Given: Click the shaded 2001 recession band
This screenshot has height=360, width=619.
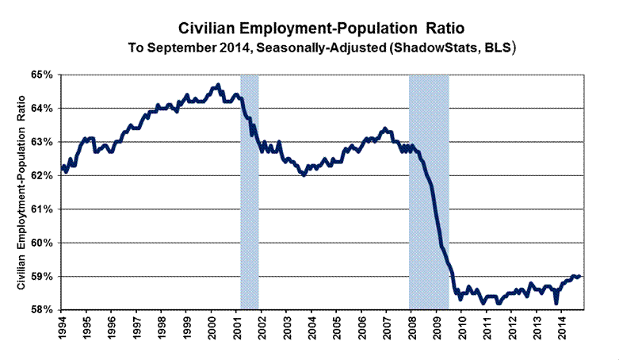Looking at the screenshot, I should coord(249,190).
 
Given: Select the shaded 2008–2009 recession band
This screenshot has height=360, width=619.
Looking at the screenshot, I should coord(429,190).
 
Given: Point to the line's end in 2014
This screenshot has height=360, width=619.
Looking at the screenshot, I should coord(580,276).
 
